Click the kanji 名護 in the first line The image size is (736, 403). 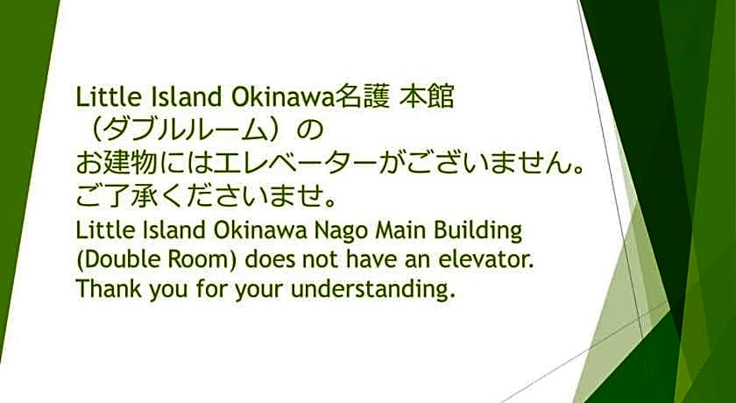(362, 95)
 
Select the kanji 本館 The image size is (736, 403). (427, 95)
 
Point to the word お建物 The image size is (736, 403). (114, 164)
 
